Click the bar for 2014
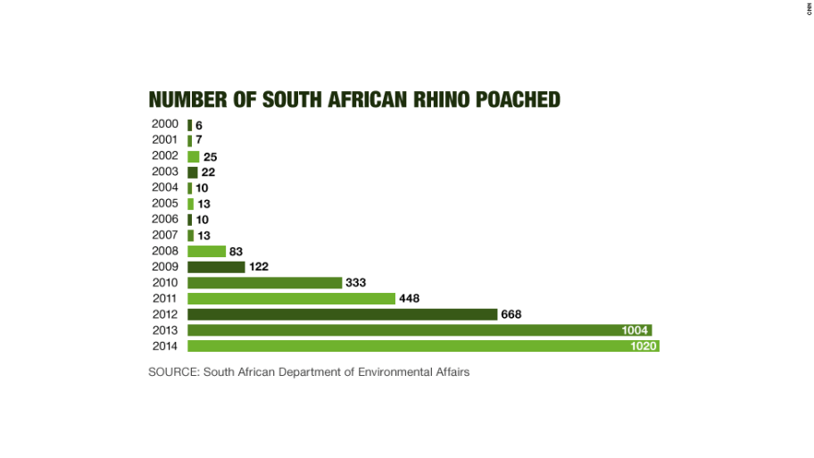point(423,346)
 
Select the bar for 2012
point(342,314)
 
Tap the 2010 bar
point(265,282)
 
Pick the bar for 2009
point(216,267)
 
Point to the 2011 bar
point(291,298)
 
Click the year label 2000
point(165,124)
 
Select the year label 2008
point(165,251)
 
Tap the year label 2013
point(165,330)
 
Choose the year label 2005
point(165,204)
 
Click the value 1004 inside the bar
point(635,330)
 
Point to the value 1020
point(643,346)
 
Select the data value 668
point(511,314)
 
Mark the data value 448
point(409,298)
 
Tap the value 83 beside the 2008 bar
point(237,252)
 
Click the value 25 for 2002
point(211,157)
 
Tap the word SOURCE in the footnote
point(173,372)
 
